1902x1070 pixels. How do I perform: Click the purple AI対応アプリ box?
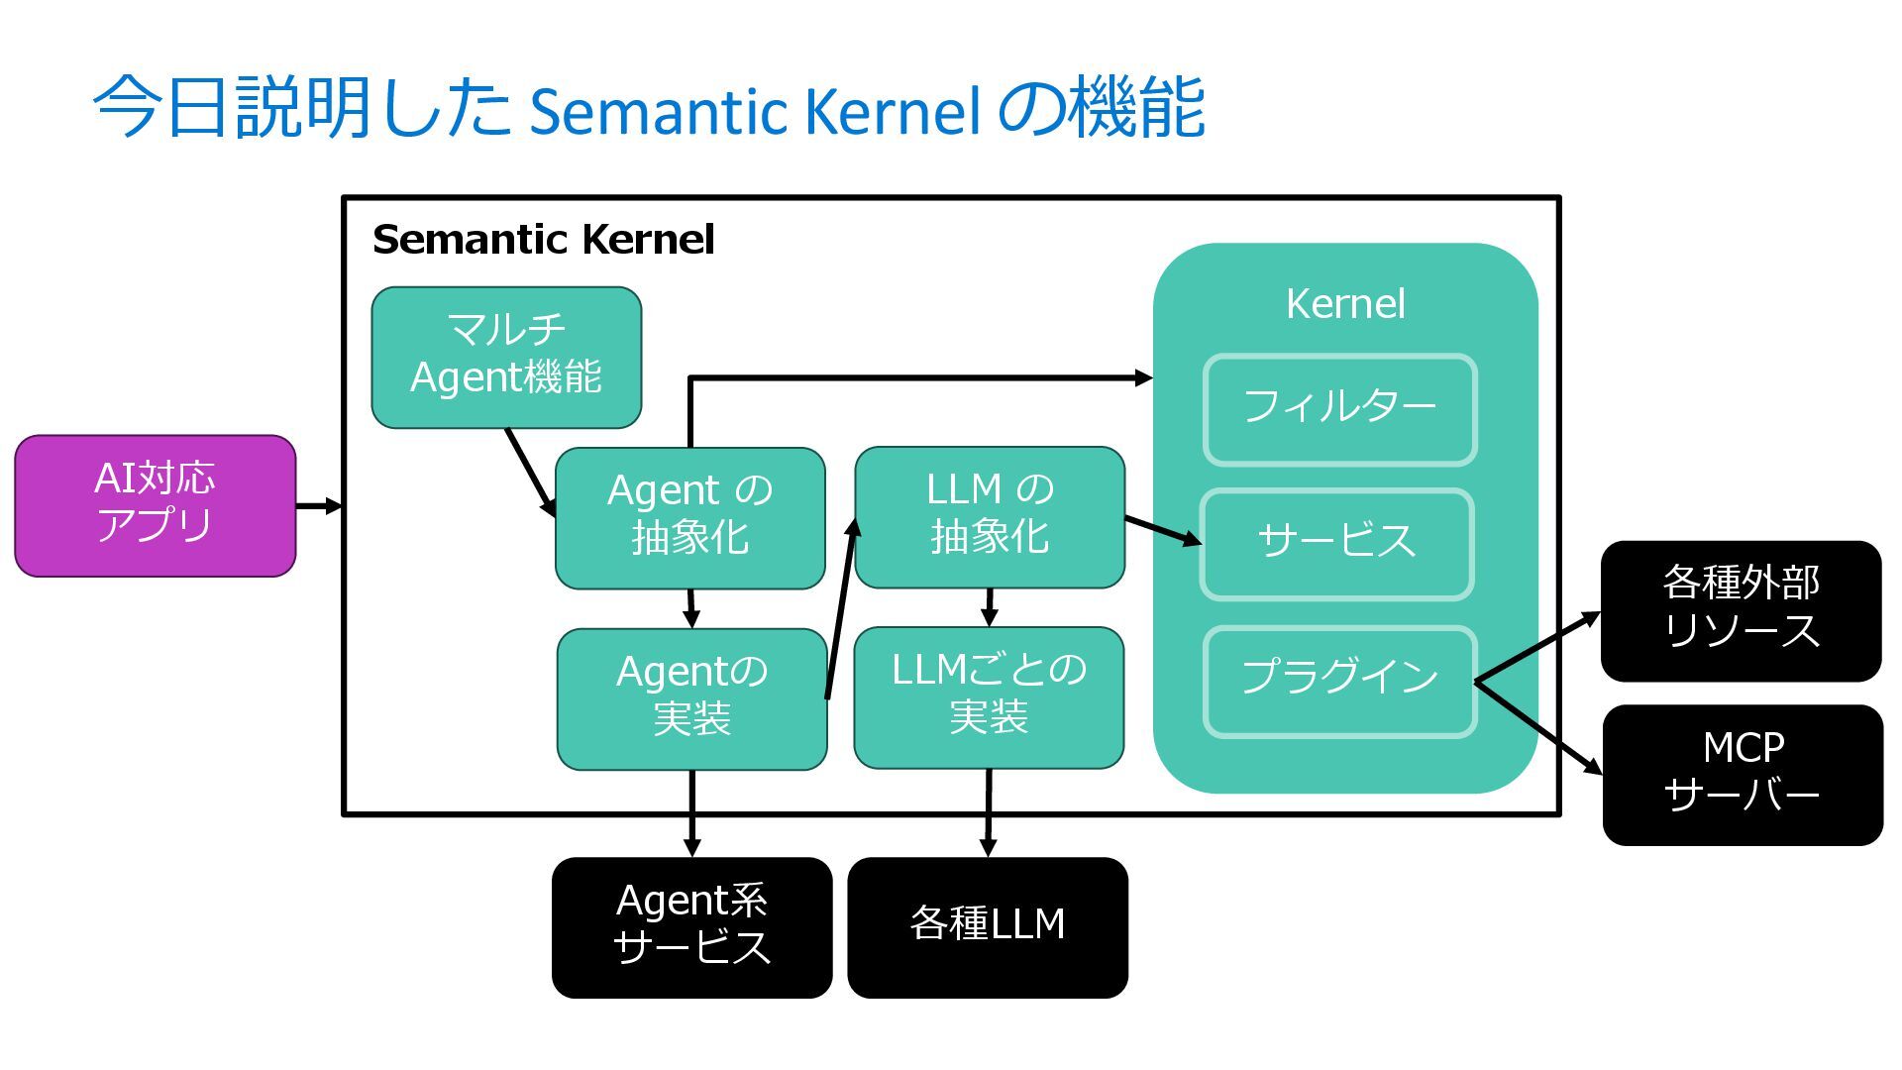156,505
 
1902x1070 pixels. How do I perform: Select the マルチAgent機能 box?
506,357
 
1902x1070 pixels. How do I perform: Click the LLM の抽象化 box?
990,516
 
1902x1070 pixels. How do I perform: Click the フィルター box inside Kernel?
1339,409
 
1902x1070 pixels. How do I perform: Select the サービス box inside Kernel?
1336,543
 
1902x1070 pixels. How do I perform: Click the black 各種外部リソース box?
1741,610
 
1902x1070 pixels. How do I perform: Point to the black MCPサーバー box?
1743,774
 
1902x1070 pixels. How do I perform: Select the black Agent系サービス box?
691,926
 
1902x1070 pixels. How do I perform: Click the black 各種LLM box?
988,926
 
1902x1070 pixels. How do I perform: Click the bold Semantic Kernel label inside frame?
543,240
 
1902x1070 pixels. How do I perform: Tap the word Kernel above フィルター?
1344,304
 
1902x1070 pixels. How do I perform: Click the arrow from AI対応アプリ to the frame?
319,506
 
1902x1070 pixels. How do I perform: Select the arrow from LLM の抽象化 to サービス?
1163,530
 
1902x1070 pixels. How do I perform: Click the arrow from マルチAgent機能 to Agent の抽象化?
530,472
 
